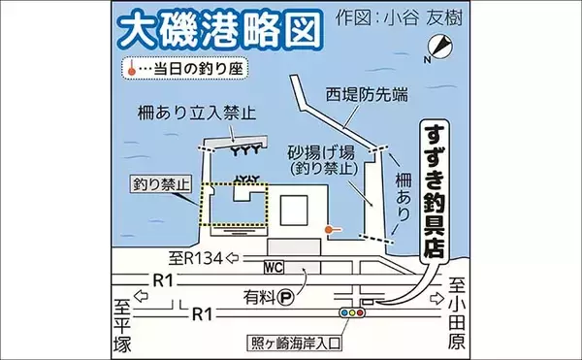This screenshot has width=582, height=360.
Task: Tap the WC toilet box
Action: point(274,265)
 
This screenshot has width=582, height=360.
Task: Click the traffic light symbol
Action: point(348,312)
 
